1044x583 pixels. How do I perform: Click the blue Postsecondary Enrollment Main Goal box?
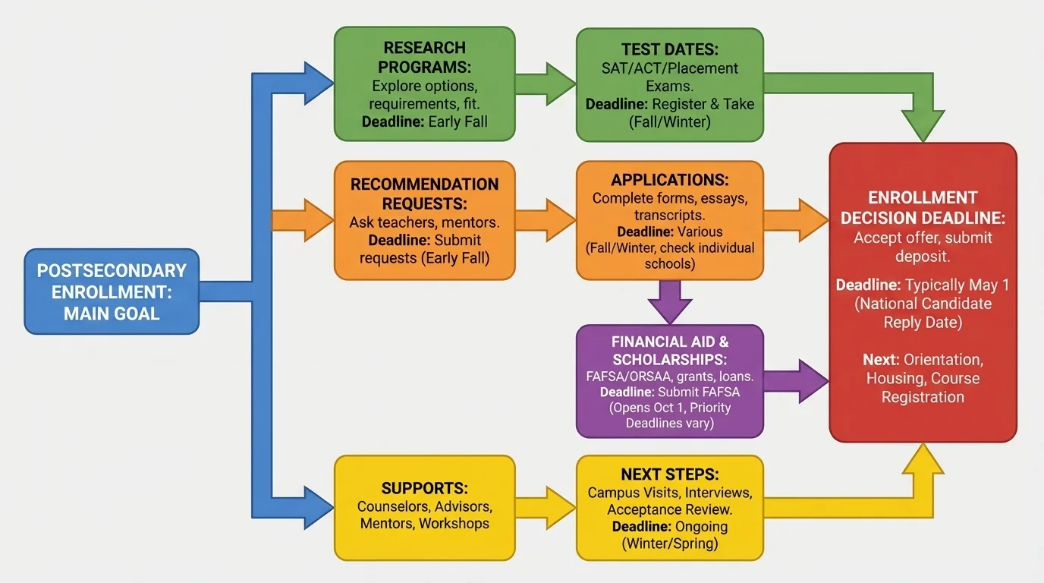coord(112,291)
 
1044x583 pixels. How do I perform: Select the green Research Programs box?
coord(424,84)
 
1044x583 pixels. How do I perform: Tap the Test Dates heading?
coord(669,49)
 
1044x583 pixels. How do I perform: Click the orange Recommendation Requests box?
coord(424,221)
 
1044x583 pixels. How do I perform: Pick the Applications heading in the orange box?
coord(669,180)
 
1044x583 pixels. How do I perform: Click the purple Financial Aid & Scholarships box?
coord(669,381)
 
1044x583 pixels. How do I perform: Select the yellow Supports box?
coord(424,507)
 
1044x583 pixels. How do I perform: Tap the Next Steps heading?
coord(669,474)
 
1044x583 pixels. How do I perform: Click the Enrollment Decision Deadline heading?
coord(923,207)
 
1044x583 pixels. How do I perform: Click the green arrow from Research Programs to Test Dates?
coord(546,84)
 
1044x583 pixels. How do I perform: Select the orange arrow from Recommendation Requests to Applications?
coord(546,220)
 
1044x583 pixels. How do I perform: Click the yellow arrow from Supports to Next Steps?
coord(546,507)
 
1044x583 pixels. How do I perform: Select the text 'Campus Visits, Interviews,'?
coord(669,493)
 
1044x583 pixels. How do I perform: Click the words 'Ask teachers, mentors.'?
coord(424,222)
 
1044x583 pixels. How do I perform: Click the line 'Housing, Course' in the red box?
coord(923,378)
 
